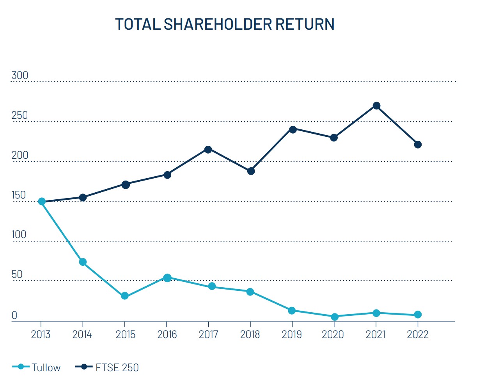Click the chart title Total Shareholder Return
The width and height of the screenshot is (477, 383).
click(x=225, y=24)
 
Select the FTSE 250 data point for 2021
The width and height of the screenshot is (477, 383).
click(x=376, y=106)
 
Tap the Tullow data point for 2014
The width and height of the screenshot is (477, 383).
click(x=83, y=262)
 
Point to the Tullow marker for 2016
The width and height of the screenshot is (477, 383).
click(x=167, y=278)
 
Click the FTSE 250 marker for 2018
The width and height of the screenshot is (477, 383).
click(x=251, y=171)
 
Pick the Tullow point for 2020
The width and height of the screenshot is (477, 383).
click(x=334, y=317)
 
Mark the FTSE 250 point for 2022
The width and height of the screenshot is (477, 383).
click(x=418, y=145)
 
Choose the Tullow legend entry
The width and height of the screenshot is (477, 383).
click(x=37, y=367)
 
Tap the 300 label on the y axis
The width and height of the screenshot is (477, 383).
click(x=20, y=75)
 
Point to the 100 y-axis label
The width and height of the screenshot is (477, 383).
click(x=19, y=234)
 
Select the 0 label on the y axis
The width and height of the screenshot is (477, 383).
click(x=14, y=315)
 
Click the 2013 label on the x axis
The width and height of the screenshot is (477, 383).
click(x=41, y=335)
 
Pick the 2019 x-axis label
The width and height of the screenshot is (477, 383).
click(x=291, y=335)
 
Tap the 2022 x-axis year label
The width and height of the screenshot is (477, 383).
click(x=417, y=335)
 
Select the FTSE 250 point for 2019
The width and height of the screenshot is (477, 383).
click(x=293, y=129)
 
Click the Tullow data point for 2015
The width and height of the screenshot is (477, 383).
click(x=125, y=296)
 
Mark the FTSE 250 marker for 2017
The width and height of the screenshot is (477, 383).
click(x=208, y=149)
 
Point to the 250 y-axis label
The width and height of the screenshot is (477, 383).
click(x=20, y=115)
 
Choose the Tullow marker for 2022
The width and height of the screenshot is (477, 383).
click(x=418, y=315)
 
